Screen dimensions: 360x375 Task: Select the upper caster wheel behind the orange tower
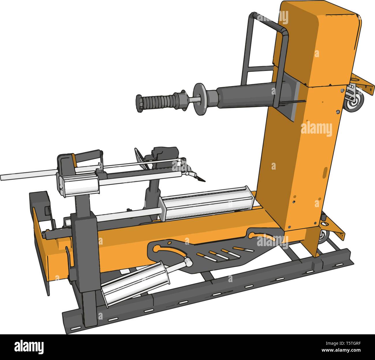click(x=355, y=102)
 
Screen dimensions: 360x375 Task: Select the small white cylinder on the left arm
click(x=79, y=185)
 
